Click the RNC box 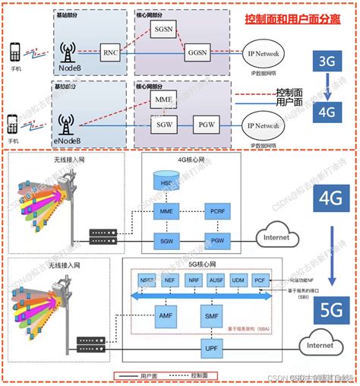[111, 53]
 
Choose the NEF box [170, 280]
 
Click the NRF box [194, 280]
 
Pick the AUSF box [216, 280]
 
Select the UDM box [239, 280]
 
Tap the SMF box [213, 314]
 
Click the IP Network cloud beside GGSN [261, 54]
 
